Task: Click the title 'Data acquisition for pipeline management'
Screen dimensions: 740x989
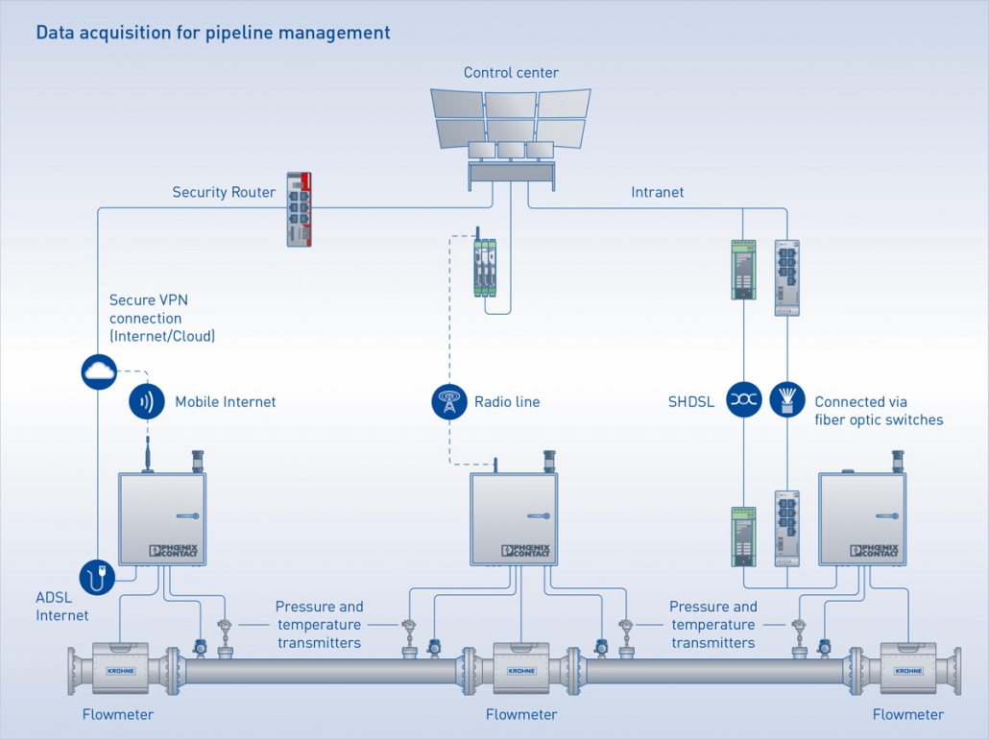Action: (x=212, y=33)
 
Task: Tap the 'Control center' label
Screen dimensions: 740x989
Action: (x=511, y=73)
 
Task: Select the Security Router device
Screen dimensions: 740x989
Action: (x=301, y=210)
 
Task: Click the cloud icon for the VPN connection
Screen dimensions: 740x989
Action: (x=99, y=371)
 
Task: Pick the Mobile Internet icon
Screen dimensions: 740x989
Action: (x=147, y=401)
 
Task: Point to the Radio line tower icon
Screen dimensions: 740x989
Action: (x=448, y=401)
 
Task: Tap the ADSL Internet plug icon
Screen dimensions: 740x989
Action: (x=98, y=577)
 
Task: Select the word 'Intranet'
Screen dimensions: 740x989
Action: (x=658, y=192)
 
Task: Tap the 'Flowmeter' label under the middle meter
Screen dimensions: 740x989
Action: (x=521, y=715)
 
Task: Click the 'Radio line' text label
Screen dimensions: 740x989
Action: (x=507, y=402)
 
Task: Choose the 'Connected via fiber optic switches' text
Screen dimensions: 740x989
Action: (x=879, y=411)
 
